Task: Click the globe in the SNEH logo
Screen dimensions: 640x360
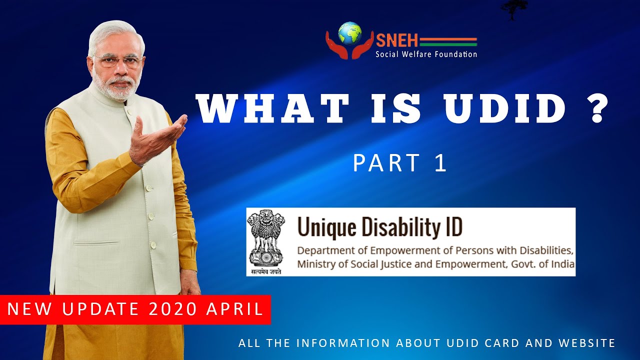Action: coord(350,33)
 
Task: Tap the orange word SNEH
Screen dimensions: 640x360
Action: coord(397,40)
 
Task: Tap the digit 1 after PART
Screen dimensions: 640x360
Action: coord(441,162)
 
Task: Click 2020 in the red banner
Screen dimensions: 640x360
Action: coord(173,308)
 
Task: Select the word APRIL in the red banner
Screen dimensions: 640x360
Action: coord(234,308)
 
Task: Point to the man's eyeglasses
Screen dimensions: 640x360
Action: coord(118,60)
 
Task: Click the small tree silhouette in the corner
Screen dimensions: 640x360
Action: coord(513,9)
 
